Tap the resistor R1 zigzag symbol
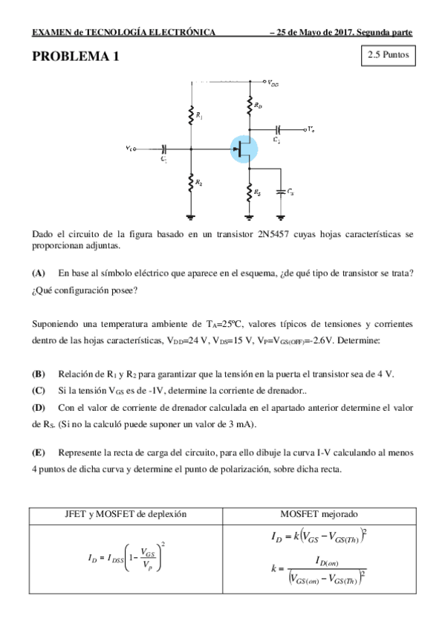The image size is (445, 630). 192,114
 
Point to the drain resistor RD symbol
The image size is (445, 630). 249,108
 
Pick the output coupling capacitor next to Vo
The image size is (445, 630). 278,129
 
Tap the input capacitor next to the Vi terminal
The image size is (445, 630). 164,149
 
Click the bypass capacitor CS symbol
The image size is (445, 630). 281,191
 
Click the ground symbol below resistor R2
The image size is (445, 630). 192,216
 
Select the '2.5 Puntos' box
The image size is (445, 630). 385,55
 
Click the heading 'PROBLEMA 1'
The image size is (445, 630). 75,57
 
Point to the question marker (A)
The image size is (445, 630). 39,273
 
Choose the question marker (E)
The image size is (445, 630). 39,452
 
